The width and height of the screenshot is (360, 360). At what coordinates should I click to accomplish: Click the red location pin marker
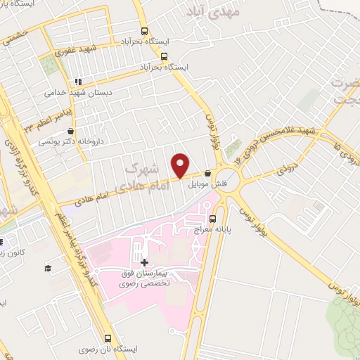[181, 162]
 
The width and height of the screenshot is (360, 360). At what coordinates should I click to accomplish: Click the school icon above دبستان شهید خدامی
[79, 79]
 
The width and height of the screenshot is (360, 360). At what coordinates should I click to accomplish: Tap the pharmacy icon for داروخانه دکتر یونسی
[70, 131]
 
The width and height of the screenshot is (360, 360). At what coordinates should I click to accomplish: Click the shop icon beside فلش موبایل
[207, 174]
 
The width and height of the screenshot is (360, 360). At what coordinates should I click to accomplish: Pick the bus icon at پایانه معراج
[233, 218]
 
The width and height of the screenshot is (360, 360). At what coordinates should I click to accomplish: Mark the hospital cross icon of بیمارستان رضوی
[144, 262]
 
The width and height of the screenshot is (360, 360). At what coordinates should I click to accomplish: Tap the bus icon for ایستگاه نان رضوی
[107, 337]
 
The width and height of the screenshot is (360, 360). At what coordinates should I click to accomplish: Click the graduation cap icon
[48, 269]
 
